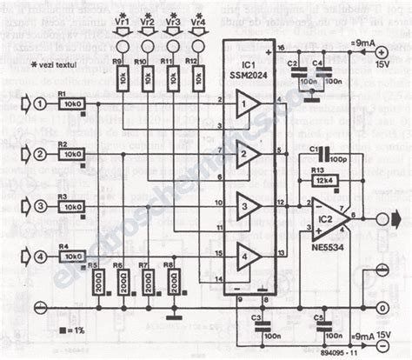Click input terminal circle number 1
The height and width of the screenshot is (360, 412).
tap(39, 104)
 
